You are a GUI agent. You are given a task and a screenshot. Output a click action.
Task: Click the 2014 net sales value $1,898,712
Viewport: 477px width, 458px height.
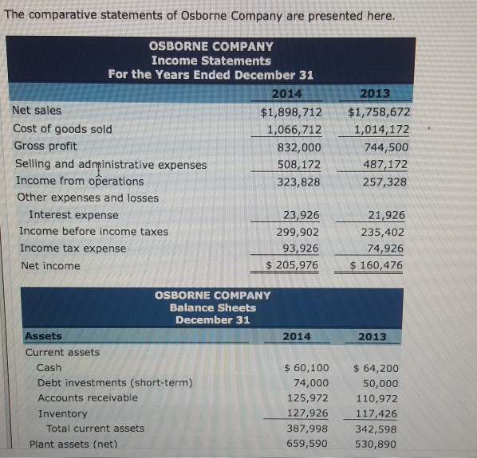[291, 112]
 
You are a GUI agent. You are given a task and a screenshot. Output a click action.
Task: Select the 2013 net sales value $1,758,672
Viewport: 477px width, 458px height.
[379, 112]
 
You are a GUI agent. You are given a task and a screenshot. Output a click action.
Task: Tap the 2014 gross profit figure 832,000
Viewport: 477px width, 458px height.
[299, 147]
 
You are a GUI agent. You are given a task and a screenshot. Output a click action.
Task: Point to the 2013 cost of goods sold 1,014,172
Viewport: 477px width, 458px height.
[381, 130]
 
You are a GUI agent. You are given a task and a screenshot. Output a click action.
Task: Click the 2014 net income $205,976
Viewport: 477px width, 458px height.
[292, 265]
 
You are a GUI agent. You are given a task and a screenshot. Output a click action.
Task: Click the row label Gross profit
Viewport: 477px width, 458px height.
[45, 146]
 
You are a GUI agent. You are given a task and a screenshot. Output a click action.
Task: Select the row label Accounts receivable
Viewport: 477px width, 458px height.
[87, 397]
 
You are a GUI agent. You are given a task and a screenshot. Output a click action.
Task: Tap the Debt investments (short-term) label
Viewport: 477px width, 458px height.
[114, 382]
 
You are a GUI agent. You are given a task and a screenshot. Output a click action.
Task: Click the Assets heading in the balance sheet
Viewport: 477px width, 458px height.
[43, 336]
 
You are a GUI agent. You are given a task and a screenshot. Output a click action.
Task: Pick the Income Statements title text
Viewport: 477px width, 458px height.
[211, 61]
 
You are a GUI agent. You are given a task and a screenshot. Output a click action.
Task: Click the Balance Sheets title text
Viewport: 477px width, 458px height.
[212, 307]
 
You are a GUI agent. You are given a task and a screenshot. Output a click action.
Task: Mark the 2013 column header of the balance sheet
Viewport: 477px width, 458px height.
[372, 337]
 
